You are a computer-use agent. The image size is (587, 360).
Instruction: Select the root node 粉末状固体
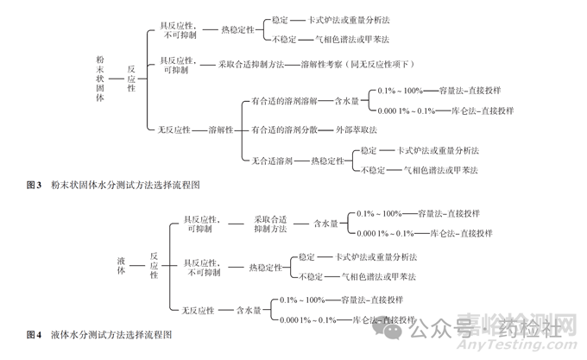click(101, 79)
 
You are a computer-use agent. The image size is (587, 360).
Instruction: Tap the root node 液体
click(121, 265)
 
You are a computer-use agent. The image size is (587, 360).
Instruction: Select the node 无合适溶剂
click(271, 160)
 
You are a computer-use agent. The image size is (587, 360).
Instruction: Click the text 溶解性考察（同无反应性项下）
click(362, 64)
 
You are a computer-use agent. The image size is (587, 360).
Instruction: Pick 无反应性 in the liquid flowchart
click(199, 309)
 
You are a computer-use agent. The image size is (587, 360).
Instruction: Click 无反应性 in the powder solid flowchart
click(174, 129)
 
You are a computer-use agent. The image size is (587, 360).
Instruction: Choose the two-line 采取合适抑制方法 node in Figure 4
click(270, 224)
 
